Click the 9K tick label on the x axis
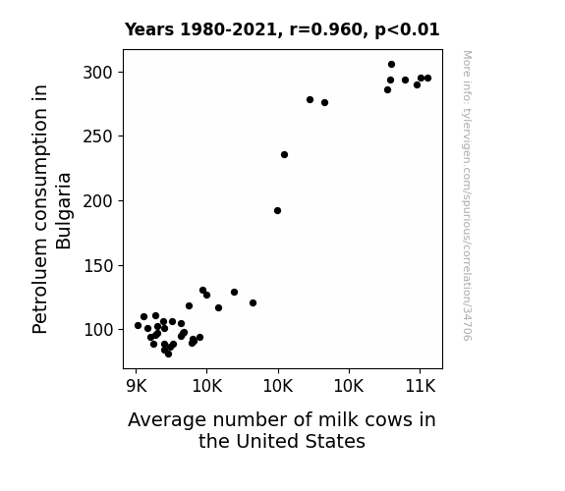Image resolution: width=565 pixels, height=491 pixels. [137, 387]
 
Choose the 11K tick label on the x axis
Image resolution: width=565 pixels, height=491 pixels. [421, 387]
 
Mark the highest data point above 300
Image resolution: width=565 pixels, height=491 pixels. [391, 65]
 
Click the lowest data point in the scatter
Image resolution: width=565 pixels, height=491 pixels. [168, 355]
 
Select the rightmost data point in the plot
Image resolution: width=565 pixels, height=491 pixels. [427, 79]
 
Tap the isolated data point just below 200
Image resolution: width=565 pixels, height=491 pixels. [277, 211]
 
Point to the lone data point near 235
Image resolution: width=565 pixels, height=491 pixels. [284, 155]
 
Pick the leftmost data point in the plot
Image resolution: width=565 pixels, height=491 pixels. [138, 326]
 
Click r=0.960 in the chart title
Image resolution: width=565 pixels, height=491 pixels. [325, 29]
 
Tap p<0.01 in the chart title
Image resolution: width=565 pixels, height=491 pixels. [407, 30]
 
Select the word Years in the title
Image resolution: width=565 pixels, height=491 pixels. [149, 29]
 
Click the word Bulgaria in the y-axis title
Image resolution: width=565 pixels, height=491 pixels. [64, 211]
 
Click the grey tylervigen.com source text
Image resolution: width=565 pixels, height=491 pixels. [467, 195]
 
